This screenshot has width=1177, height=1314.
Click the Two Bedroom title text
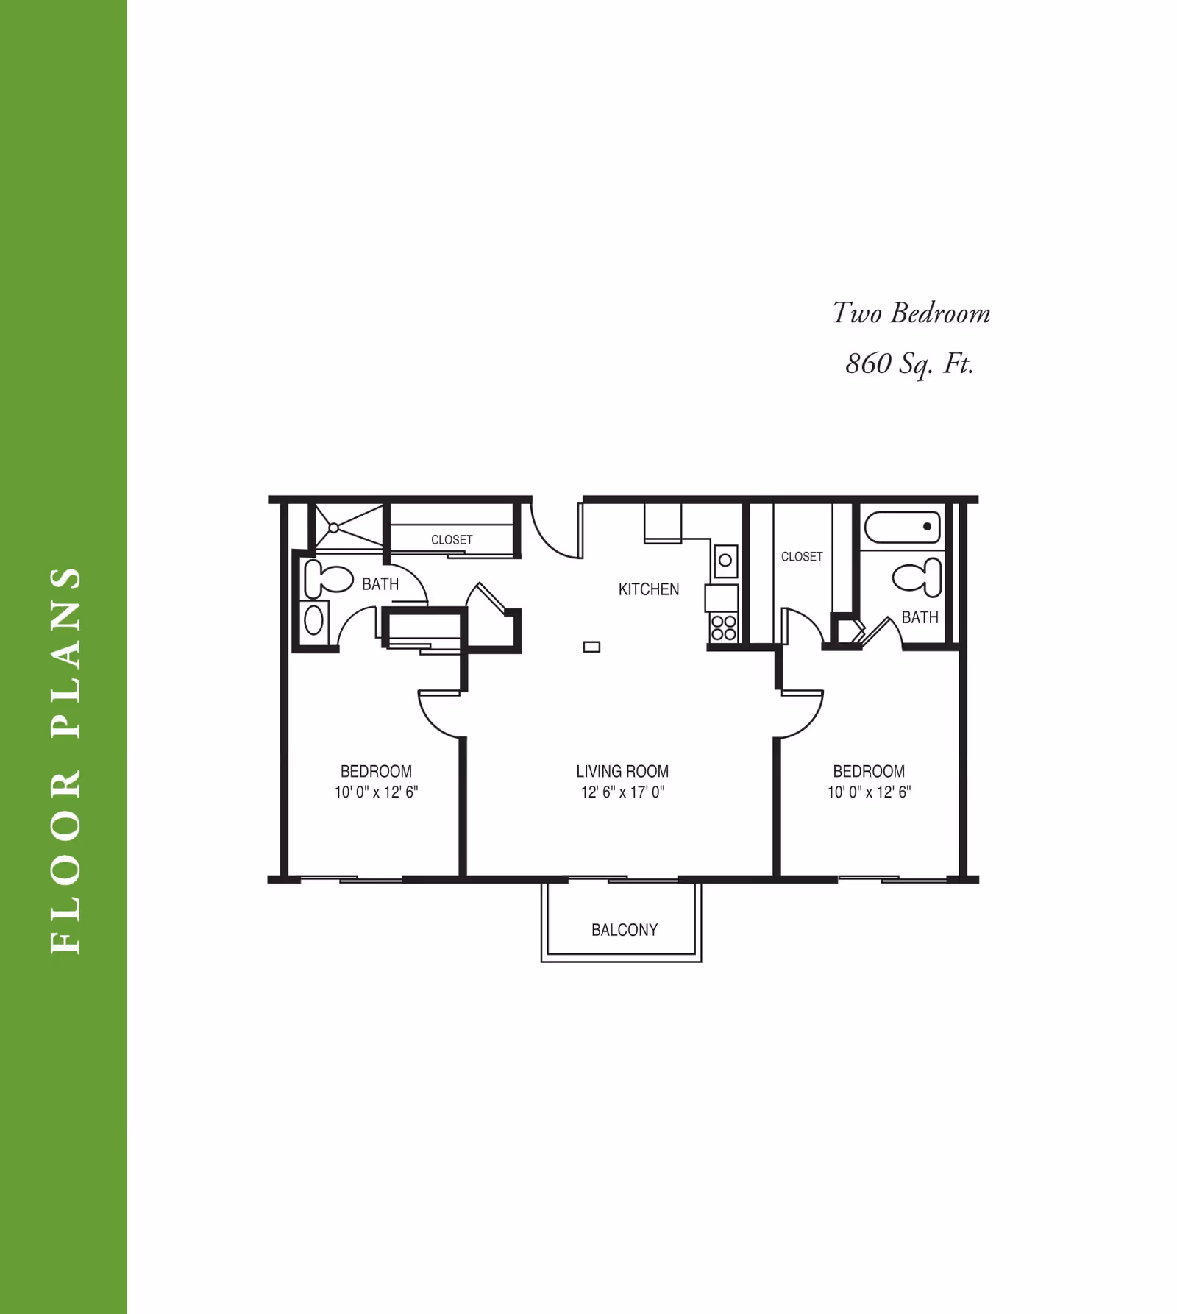[911, 313]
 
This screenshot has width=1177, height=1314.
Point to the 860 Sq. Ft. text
[910, 363]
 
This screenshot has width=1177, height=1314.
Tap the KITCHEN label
[649, 589]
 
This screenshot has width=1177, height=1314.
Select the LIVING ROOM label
[622, 771]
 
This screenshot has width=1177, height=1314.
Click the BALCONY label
[625, 930]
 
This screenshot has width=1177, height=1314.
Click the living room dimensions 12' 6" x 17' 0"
[622, 792]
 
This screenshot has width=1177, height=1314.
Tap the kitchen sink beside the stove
[725, 561]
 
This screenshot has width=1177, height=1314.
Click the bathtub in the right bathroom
[903, 528]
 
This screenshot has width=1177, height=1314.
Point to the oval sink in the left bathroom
[314, 620]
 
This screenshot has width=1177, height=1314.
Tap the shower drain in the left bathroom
[333, 528]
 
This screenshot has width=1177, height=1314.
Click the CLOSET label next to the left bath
[452, 540]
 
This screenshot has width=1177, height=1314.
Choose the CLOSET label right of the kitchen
[802, 557]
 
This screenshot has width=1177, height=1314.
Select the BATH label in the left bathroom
[380, 584]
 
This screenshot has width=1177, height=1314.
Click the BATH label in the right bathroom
[920, 617]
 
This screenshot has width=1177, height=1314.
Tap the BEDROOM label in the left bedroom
[376, 771]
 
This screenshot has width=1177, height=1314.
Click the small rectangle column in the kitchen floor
[591, 647]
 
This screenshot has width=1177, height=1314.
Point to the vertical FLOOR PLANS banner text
[65, 760]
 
